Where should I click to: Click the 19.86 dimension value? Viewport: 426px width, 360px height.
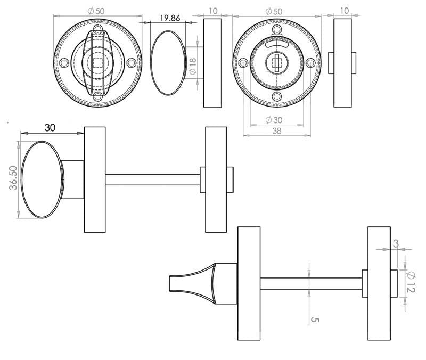pos(170,18)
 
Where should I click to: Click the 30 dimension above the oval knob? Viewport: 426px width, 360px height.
pos(50,128)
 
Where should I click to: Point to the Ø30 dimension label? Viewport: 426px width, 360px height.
pos(273,120)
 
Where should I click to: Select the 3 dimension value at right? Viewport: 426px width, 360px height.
pos(395,243)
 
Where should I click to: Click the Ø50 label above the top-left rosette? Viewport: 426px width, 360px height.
pos(97,11)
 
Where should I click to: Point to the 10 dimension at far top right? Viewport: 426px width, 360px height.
pos(345,11)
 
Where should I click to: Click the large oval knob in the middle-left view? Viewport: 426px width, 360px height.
pos(43,179)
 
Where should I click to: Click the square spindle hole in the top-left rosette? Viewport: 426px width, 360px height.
pos(97,62)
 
